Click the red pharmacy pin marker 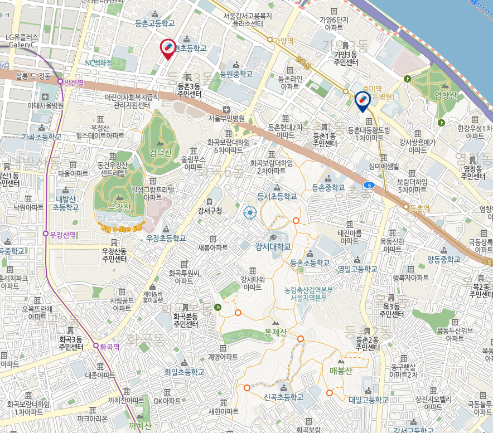[168, 48]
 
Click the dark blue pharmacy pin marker [362, 100]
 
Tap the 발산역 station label [73, 83]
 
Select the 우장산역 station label [62, 235]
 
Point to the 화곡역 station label [109, 346]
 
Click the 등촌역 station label [419, 208]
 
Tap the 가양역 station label [283, 41]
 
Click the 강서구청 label [210, 211]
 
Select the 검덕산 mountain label [161, 153]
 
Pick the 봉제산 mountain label [275, 333]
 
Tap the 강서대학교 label [273, 246]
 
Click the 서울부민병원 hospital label [226, 118]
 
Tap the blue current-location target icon [250, 212]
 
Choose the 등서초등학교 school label [277, 196]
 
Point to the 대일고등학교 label [368, 400]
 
